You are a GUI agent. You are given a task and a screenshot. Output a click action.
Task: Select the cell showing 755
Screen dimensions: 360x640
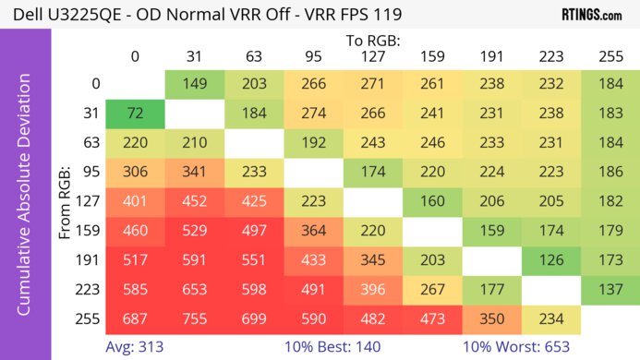click(194, 318)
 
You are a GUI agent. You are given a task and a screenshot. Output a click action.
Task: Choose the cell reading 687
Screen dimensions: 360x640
click(135, 318)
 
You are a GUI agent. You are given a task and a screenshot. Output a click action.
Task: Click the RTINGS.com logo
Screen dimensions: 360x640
click(591, 15)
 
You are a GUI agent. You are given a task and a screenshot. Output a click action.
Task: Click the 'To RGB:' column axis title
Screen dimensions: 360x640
click(372, 42)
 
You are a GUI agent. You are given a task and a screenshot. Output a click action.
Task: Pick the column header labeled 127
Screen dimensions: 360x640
click(372, 58)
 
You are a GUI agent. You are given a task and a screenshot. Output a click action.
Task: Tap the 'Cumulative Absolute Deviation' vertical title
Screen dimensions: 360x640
click(25, 202)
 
